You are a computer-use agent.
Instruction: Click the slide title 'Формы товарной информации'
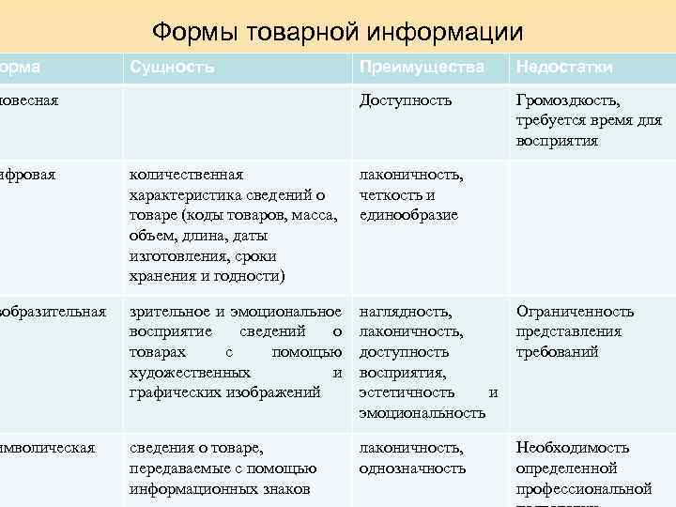[x=337, y=33]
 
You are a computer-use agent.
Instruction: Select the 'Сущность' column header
[x=172, y=68]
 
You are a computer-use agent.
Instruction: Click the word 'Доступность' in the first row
[x=405, y=100]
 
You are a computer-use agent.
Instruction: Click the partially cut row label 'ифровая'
[x=29, y=175]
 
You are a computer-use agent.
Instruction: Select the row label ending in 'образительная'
[x=53, y=311]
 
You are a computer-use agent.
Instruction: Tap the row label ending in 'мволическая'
[x=48, y=448]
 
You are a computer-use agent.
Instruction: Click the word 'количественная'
[x=186, y=175]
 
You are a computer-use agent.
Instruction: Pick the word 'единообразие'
[x=408, y=215]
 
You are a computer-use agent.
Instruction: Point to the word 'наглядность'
[x=405, y=311]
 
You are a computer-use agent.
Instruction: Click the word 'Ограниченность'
[x=574, y=311]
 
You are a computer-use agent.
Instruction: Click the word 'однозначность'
[x=412, y=468]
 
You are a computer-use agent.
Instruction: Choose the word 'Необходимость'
[x=572, y=448]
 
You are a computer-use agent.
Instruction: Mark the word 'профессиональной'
[x=583, y=488]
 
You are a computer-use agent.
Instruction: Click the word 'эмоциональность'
[x=422, y=413]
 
